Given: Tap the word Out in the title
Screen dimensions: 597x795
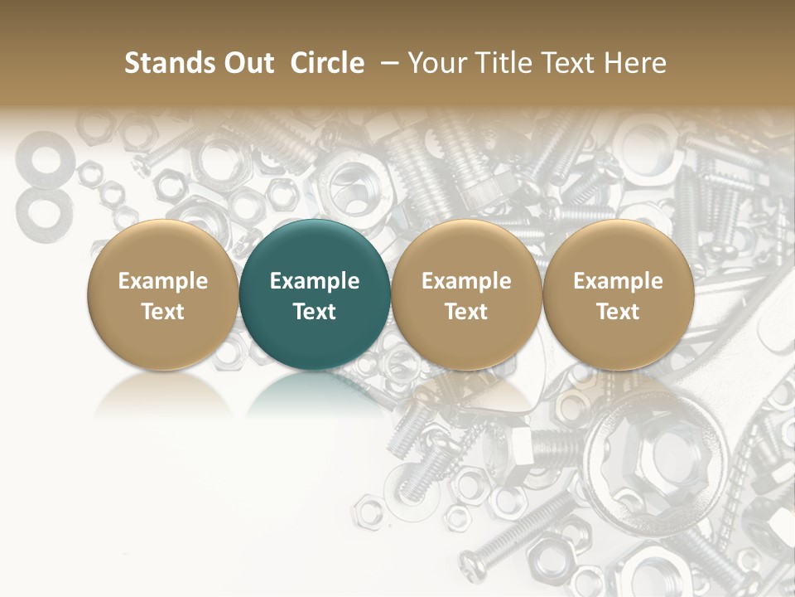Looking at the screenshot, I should (x=246, y=63).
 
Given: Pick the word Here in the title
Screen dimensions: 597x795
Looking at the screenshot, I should (x=635, y=63).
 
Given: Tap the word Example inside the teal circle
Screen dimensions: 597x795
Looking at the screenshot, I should (x=315, y=281).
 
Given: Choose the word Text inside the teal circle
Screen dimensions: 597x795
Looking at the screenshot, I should (x=315, y=312).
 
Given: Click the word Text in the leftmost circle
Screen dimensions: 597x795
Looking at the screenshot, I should (x=162, y=312).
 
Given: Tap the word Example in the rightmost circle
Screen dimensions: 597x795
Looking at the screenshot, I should (x=618, y=281).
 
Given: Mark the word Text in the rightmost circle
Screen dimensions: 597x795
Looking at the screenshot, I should (x=618, y=312).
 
